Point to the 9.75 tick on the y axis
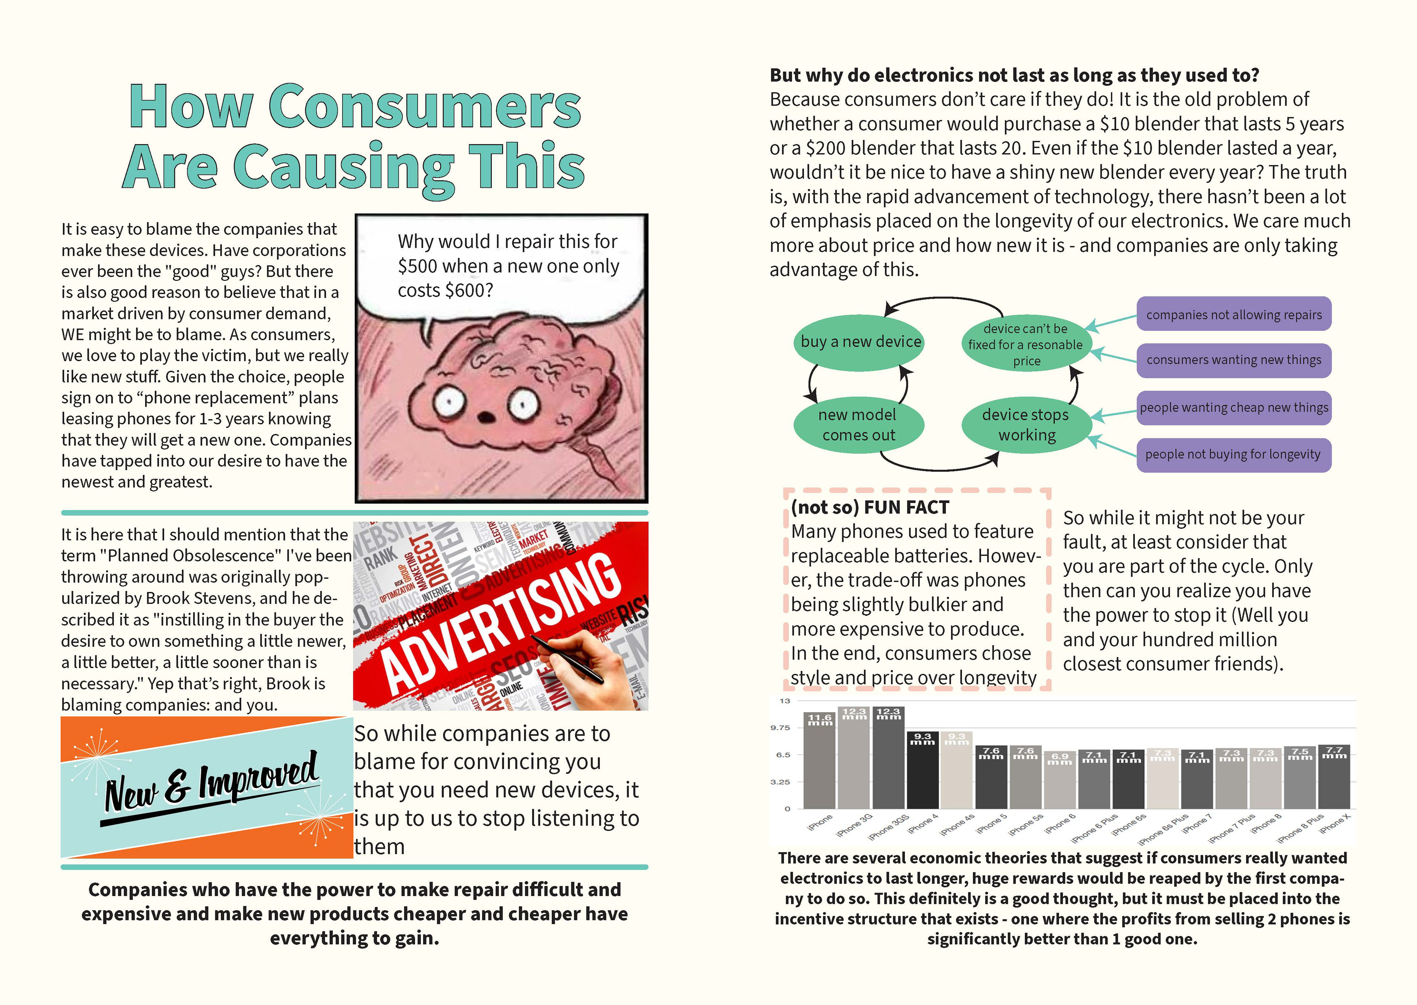[x=780, y=728]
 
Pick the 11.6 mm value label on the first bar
[x=820, y=719]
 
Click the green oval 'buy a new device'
[x=860, y=342]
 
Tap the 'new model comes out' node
[x=858, y=425]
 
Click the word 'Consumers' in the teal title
[x=424, y=107]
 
